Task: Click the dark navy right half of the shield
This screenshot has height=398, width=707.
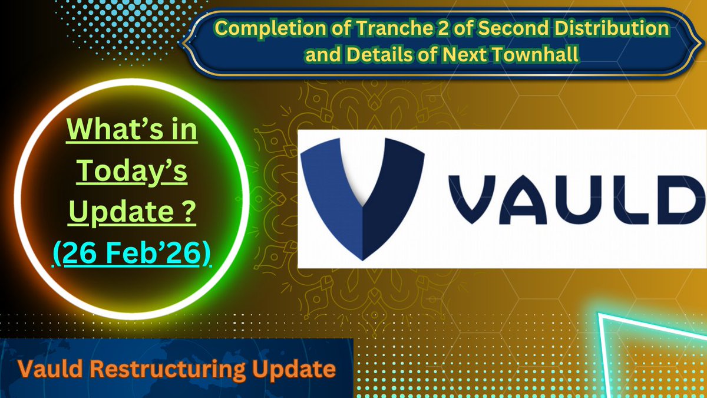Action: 389,195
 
